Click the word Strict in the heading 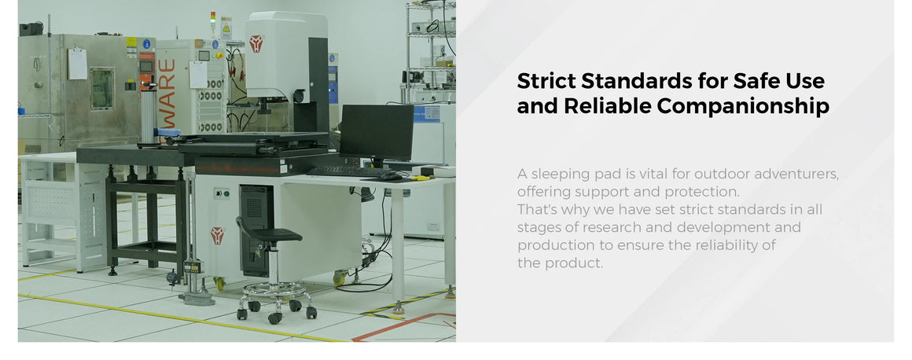(546, 80)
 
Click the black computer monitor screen (377, 131)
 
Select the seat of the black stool (276, 234)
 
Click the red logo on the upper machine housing (256, 43)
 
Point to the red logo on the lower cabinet (217, 236)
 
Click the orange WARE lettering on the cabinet (167, 93)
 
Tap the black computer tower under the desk (256, 230)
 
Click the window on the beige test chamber (102, 88)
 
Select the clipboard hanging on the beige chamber (77, 64)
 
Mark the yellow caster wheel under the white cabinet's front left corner (219, 283)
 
